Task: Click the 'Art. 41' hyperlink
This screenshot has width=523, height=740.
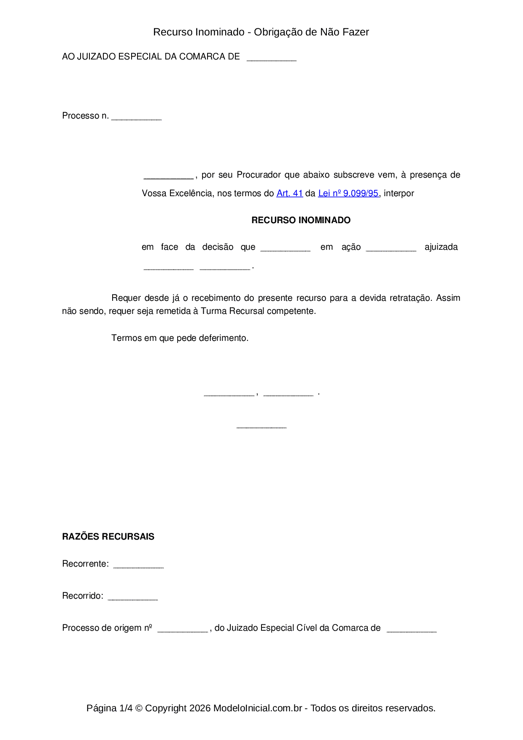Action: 289,193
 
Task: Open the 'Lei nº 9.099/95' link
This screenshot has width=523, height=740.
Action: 348,193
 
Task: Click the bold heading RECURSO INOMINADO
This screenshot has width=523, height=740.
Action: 301,220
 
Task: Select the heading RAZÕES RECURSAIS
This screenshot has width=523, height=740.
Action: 108,537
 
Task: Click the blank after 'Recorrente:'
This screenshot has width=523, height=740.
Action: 138,565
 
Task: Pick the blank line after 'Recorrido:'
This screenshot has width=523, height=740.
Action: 133,597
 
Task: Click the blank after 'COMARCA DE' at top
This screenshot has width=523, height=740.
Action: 271,58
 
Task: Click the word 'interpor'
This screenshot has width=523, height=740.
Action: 399,193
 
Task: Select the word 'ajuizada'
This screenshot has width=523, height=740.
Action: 441,247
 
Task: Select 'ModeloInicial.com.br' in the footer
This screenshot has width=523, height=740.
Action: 257,708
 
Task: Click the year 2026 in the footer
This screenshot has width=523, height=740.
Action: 200,708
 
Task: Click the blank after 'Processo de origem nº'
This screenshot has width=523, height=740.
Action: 183,629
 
